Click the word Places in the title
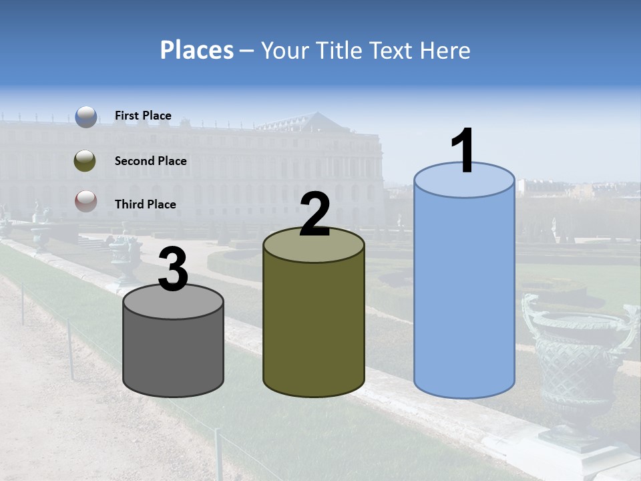click(197, 50)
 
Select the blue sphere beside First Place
click(86, 117)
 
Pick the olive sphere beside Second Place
click(85, 161)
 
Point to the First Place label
click(143, 116)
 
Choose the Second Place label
click(150, 161)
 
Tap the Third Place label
click(146, 204)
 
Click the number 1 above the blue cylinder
click(463, 152)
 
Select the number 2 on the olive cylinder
click(314, 215)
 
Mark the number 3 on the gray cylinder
click(174, 270)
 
